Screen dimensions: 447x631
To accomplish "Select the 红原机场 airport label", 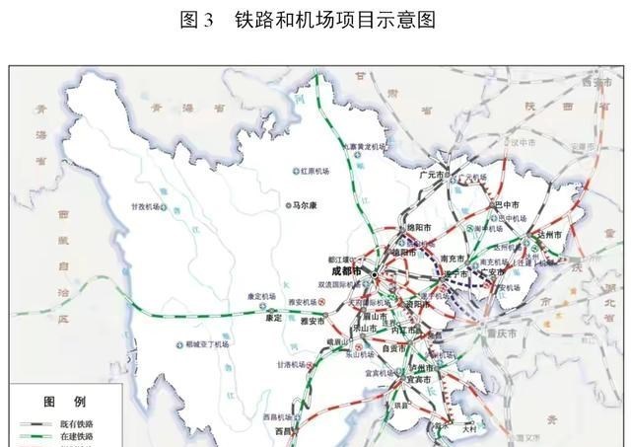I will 319,171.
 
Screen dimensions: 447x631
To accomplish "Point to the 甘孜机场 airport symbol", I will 165,207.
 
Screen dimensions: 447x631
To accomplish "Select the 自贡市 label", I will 393,347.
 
